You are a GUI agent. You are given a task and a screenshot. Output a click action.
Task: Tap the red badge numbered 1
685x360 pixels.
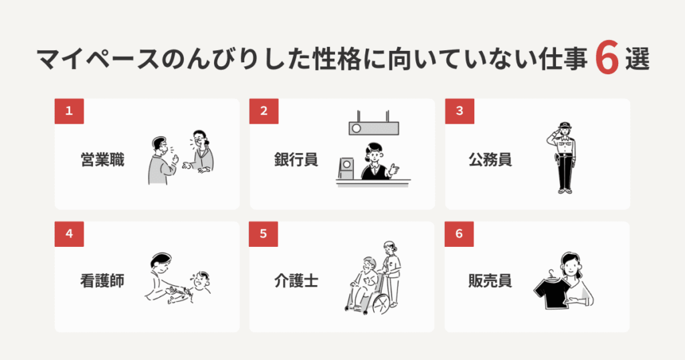[x=69, y=111]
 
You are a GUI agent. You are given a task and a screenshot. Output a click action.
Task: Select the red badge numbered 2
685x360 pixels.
[x=264, y=111]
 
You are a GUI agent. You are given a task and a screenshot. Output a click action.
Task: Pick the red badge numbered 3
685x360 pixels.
[x=459, y=111]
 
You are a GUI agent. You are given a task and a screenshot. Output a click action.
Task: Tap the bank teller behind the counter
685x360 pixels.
[x=375, y=163]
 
